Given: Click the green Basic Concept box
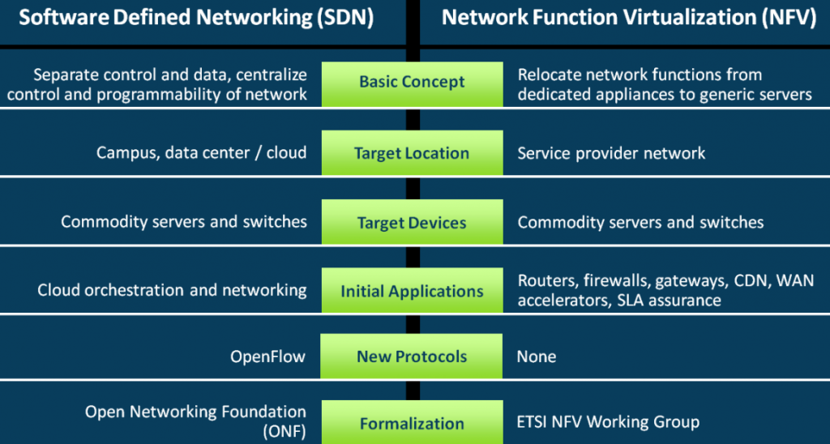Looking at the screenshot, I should click(x=412, y=83).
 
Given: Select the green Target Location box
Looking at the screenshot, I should click(x=412, y=153).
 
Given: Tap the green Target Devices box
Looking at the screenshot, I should click(x=412, y=223).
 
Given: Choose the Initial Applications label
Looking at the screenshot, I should click(x=412, y=292).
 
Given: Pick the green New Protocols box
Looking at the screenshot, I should click(x=412, y=356).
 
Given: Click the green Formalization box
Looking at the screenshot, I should click(x=412, y=423).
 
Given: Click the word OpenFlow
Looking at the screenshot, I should click(x=268, y=356).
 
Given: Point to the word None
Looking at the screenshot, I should click(x=537, y=356).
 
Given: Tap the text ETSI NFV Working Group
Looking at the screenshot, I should click(x=608, y=422).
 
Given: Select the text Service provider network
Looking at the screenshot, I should click(x=611, y=153).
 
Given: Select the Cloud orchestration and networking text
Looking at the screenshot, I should click(x=172, y=290).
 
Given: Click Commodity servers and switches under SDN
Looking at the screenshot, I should click(x=184, y=222).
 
